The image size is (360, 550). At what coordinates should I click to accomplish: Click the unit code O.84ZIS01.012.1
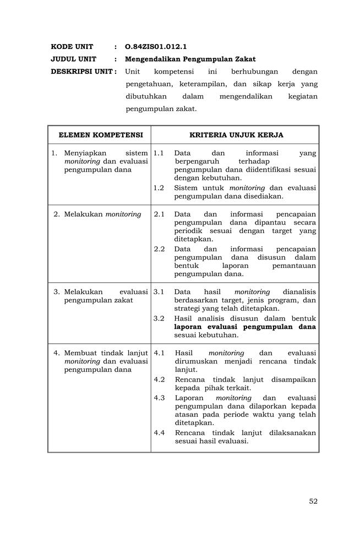coord(152,47)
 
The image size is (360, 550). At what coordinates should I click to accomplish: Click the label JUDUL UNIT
coord(73,59)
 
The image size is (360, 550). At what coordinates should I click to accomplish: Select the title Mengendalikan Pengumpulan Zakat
coord(190,59)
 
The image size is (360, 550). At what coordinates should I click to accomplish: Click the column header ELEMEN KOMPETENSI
coord(101,135)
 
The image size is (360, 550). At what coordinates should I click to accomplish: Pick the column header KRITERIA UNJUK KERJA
coord(236,135)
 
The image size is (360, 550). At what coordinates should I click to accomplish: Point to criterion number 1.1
coord(159,153)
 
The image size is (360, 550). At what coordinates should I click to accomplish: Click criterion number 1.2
coord(159,188)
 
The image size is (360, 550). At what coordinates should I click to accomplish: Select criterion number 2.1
coord(159,214)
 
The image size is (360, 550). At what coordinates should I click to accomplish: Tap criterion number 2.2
coord(159,249)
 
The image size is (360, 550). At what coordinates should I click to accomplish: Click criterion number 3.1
coord(159,291)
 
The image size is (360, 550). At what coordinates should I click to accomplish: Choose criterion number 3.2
coord(159,318)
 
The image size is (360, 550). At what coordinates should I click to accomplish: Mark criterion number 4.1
coord(160,353)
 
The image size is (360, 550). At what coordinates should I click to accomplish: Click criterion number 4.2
coord(160,379)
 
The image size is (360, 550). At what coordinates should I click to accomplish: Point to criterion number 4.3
coord(160,398)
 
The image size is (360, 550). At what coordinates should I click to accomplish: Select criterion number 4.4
coord(160,432)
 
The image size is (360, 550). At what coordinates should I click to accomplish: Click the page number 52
coord(313,501)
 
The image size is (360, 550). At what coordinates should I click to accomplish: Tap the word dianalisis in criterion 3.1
coord(299,291)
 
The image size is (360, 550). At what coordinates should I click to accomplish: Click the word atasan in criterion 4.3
coord(187,414)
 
